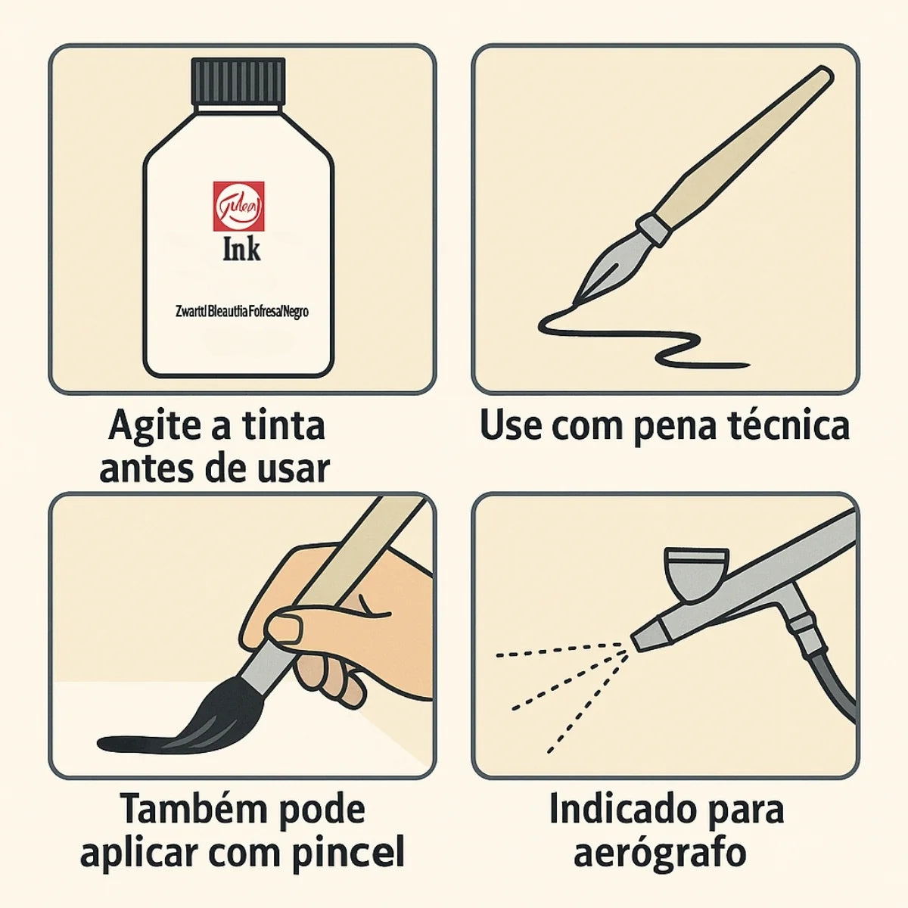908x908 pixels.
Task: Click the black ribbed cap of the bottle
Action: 238,82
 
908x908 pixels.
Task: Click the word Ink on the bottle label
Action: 241,250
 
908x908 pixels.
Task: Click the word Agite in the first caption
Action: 151,425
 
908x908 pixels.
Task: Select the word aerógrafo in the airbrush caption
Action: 660,853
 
